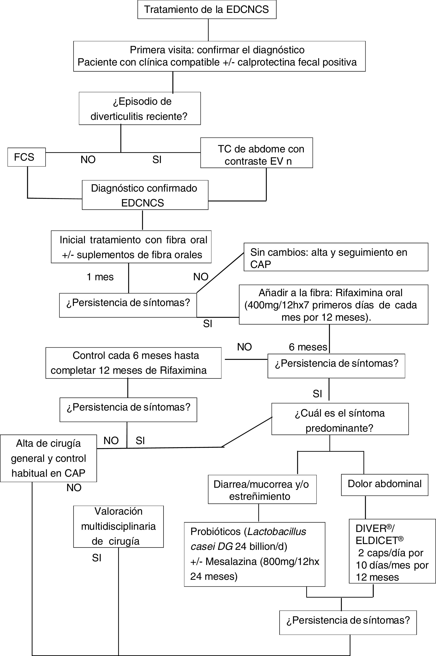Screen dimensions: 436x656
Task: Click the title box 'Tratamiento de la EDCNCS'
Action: tap(207, 9)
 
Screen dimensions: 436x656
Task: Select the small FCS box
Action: tap(26, 157)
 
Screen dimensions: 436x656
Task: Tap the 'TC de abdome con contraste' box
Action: tap(256, 153)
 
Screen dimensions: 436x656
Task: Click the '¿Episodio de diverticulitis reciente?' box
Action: tap(140, 108)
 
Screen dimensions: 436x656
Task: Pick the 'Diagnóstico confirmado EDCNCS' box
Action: tap(145, 195)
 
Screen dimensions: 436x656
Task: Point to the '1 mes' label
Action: tap(100, 277)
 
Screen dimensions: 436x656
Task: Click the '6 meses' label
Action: tap(308, 347)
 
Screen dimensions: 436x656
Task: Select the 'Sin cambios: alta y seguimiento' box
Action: tap(336, 257)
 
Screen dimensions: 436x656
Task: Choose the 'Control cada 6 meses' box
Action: tap(133, 363)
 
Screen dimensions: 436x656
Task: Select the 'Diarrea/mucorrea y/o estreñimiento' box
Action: tap(262, 490)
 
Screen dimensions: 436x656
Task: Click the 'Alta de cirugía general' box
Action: tap(48, 458)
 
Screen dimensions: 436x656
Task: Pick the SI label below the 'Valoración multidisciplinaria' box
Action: tap(97, 558)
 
